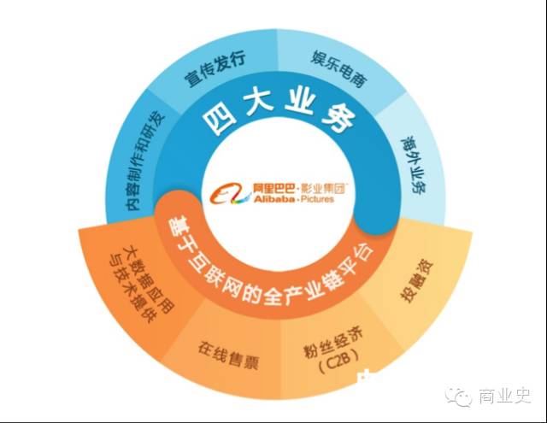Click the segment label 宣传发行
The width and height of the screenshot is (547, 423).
pyautogui.click(x=215, y=68)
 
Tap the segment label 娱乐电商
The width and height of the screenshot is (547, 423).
pyautogui.click(x=338, y=68)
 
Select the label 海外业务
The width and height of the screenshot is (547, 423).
pyautogui.click(x=414, y=164)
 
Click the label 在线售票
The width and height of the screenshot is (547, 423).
pyautogui.click(x=228, y=355)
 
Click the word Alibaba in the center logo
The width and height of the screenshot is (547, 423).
pyautogui.click(x=273, y=199)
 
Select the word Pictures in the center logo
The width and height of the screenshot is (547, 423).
pyautogui.click(x=317, y=199)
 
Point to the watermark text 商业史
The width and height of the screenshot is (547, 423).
pyautogui.click(x=505, y=397)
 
